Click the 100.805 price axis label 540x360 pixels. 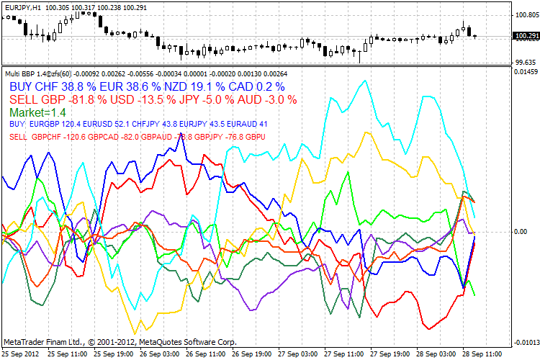[523, 14]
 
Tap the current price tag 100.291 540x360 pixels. [523, 35]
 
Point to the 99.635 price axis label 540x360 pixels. [523, 63]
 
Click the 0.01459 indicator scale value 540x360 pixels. [523, 72]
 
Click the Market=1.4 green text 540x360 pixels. [37, 113]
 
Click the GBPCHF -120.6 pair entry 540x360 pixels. [58, 136]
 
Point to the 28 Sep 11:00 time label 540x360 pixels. [483, 354]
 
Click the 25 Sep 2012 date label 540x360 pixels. [19, 354]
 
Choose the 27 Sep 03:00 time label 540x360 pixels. [297, 354]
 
